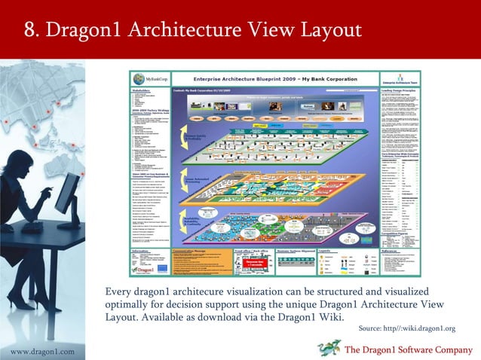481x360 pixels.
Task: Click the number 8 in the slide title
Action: [x=32, y=31]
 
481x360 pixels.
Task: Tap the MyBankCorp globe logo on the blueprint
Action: [x=138, y=78]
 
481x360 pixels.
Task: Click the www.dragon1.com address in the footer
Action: [x=42, y=352]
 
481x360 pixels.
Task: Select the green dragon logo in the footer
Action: [x=329, y=347]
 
